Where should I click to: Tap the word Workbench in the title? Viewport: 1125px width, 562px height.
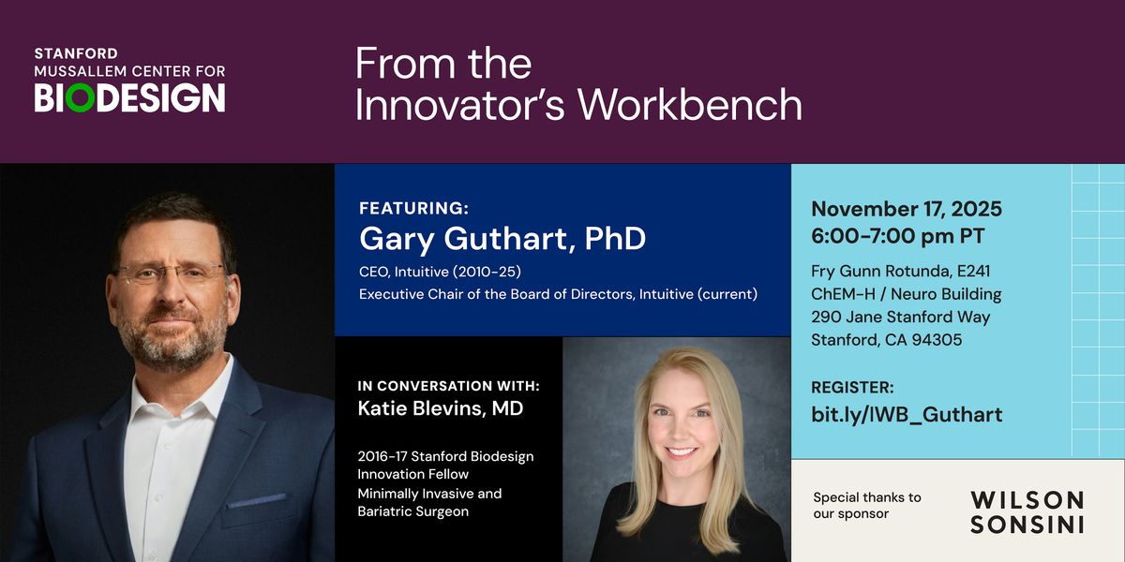pyautogui.click(x=690, y=104)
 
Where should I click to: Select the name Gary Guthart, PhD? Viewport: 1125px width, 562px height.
pyautogui.click(x=502, y=239)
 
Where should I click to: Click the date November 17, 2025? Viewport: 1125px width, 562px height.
pyautogui.click(x=907, y=209)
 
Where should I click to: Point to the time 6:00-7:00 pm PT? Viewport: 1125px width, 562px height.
pyautogui.click(x=898, y=236)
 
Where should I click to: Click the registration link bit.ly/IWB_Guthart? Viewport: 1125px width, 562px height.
pyautogui.click(x=907, y=415)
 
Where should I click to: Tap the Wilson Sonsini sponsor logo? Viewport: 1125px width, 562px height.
pyautogui.click(x=1027, y=511)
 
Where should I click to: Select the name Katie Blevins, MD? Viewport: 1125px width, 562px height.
pyautogui.click(x=441, y=408)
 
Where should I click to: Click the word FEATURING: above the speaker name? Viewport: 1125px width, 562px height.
pyautogui.click(x=413, y=208)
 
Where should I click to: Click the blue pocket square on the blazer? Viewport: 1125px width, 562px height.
pyautogui.click(x=256, y=500)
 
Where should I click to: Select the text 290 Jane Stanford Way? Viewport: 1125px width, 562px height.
pyautogui.click(x=901, y=318)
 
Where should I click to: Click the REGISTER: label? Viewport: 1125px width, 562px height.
pyautogui.click(x=852, y=388)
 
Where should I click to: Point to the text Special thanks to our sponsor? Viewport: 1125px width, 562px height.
pyautogui.click(x=867, y=505)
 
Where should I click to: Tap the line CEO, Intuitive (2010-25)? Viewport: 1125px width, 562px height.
pyautogui.click(x=440, y=272)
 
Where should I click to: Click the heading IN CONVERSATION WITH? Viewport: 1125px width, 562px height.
pyautogui.click(x=448, y=386)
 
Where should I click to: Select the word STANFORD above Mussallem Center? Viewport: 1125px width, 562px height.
pyautogui.click(x=76, y=53)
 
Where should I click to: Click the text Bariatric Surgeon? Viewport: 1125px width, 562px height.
pyautogui.click(x=412, y=511)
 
